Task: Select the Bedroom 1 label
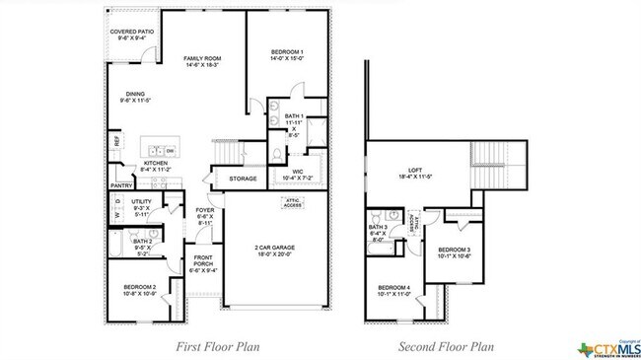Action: tap(287, 53)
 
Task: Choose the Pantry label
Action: tap(121, 184)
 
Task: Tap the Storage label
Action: tap(243, 179)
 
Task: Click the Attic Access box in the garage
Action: tap(293, 203)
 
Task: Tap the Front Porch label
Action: tap(203, 260)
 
